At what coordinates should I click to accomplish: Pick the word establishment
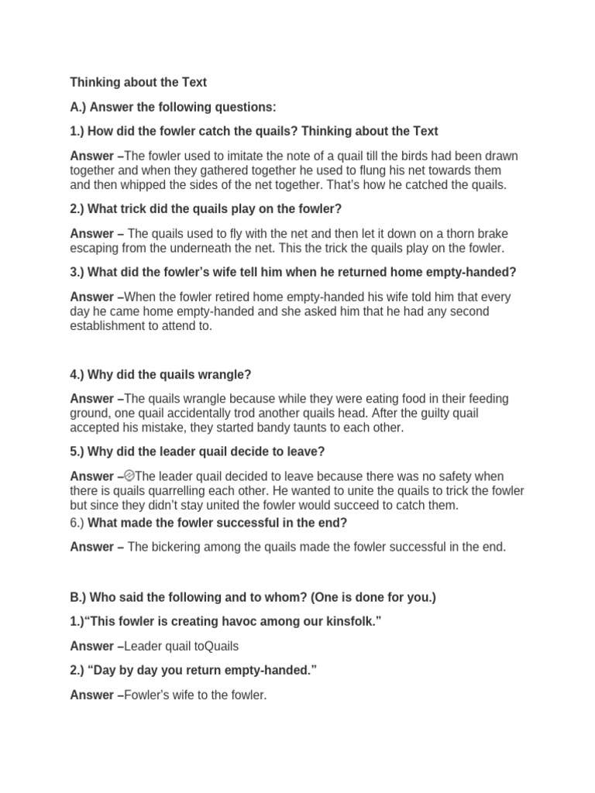coord(107,326)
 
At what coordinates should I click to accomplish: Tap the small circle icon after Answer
coord(129,476)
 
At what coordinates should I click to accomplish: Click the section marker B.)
coord(78,597)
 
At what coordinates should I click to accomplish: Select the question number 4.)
coord(78,375)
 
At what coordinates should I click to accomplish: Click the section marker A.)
coord(79,107)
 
